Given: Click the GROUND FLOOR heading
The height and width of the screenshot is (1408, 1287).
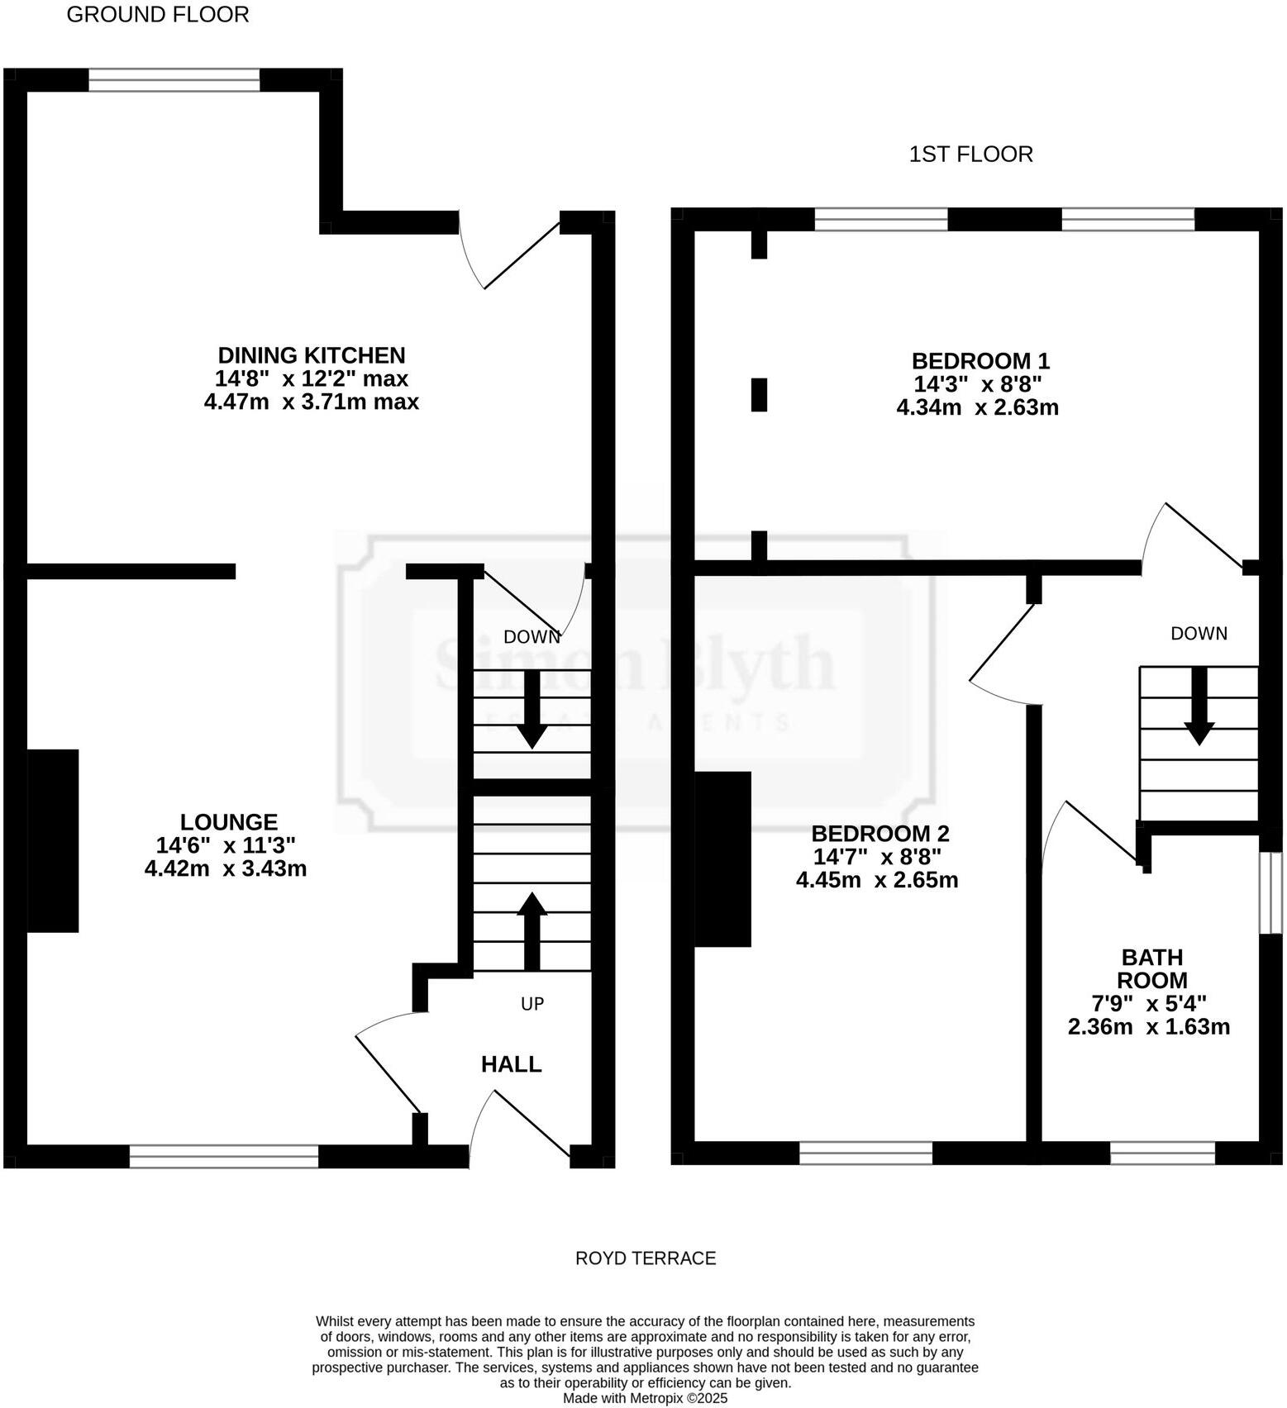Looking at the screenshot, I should [157, 15].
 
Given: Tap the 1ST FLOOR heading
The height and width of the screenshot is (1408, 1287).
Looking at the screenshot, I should [970, 155].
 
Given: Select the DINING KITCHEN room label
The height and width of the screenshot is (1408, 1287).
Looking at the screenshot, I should [312, 355].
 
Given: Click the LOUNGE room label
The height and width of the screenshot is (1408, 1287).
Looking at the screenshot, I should [229, 822].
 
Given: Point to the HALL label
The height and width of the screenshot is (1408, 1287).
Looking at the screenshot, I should [511, 1064].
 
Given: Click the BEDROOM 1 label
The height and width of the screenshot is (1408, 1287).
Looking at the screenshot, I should [980, 361].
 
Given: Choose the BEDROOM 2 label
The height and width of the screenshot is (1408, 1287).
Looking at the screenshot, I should [879, 833].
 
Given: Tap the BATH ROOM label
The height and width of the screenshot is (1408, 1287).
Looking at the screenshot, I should [1151, 968].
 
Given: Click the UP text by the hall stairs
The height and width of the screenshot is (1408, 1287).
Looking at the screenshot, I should [532, 1004].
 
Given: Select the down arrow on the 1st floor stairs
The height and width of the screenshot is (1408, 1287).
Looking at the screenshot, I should [1199, 706].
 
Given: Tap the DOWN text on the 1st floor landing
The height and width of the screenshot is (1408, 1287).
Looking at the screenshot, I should [1199, 634].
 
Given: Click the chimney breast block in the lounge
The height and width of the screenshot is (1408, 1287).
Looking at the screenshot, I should [53, 840].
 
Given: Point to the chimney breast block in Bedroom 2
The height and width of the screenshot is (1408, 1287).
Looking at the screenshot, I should [722, 859].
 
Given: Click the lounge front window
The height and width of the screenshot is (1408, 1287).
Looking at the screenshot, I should [224, 1156].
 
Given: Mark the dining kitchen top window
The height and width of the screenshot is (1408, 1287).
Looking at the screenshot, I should [174, 80].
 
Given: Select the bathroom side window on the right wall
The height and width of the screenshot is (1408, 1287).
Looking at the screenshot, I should [1270, 893].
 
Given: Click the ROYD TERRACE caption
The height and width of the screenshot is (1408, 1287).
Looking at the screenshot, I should [646, 1258].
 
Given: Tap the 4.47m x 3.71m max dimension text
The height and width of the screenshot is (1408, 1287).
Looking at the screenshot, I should [312, 402].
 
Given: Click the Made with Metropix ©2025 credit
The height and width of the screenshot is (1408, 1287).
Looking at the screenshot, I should [646, 1399].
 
